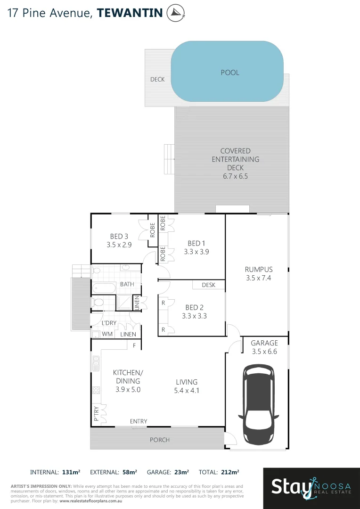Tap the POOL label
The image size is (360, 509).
point(230,73)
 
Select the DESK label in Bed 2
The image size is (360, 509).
point(208,285)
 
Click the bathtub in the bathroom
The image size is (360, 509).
point(104,287)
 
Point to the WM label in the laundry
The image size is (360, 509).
point(107,334)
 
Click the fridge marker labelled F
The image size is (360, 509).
point(134,345)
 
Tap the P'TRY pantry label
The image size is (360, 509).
point(97,413)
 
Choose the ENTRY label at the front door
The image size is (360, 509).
point(139,421)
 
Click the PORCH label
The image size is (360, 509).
point(159,440)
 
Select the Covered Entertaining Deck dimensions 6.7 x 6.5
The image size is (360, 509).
point(235,176)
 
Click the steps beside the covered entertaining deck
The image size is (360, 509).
point(169,159)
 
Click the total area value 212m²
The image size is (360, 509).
point(229,472)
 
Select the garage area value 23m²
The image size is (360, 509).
point(181,472)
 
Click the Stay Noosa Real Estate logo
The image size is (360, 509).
point(311,486)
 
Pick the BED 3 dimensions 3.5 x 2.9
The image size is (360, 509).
point(119,245)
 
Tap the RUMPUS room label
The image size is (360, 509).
point(259,270)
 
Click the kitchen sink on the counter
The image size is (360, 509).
point(96,362)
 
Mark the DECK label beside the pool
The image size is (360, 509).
point(157,79)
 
